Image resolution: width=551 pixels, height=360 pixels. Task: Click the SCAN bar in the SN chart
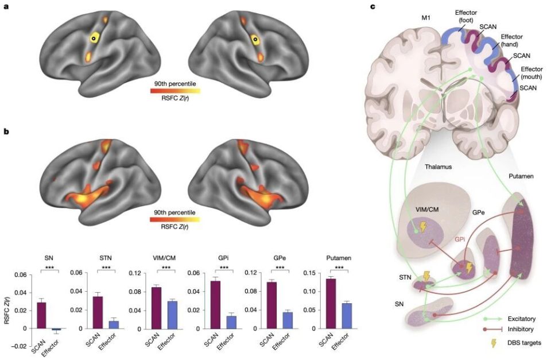pos(41,315)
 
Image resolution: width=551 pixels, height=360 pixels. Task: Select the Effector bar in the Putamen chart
pos(347,316)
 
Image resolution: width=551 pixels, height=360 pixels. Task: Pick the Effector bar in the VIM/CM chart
pos(172,315)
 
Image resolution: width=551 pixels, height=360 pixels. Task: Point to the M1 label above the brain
pos(426,18)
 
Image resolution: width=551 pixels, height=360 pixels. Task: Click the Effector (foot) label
pos(465,17)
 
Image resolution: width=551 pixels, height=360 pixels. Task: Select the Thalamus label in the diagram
pos(438,167)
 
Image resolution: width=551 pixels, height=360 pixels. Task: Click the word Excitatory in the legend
pos(522,319)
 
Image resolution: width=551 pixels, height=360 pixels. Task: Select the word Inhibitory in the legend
pos(521,330)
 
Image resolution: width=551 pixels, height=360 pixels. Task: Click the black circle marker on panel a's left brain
pos(94,38)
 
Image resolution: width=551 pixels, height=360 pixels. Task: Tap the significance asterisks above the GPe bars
pos(280,268)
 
